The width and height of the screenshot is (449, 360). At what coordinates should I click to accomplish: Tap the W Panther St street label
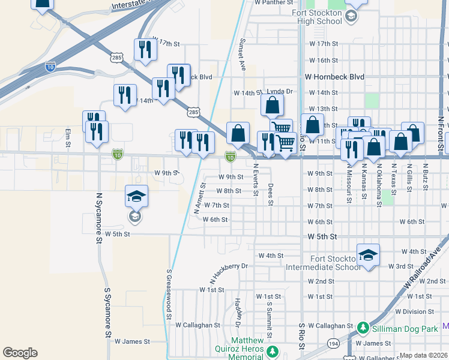click(x=277, y=2)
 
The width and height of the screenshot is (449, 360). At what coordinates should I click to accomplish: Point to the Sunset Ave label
click(x=243, y=55)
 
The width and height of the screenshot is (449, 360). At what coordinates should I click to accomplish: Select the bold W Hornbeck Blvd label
click(x=334, y=77)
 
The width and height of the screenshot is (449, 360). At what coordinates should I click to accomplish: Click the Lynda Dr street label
click(x=279, y=92)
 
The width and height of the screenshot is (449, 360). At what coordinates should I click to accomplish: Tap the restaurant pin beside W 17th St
click(x=145, y=50)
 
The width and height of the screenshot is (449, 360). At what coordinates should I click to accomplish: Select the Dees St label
click(x=271, y=194)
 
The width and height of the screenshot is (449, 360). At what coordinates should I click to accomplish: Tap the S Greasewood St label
click(x=169, y=294)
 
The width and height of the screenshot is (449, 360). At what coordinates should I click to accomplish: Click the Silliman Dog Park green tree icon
click(x=363, y=328)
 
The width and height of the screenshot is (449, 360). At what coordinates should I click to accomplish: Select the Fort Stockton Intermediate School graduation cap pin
click(x=368, y=255)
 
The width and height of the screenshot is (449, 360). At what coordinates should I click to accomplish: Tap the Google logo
click(x=20, y=353)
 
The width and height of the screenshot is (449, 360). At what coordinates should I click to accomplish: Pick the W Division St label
click(x=421, y=311)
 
